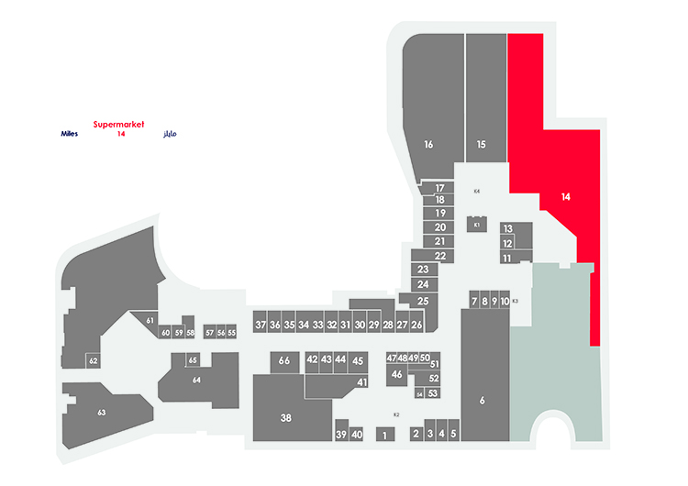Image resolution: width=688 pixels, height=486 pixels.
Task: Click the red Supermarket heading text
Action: point(118,125)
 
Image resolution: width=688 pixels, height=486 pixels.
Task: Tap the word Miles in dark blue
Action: point(70,134)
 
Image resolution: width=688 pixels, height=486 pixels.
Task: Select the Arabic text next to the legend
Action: point(170,134)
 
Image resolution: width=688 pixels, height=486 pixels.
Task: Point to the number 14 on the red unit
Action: point(566,197)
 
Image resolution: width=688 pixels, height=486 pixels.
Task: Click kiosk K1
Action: point(477,224)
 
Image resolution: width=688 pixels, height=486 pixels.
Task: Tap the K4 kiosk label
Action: point(477,192)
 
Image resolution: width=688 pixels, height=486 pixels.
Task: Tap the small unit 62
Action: point(93,361)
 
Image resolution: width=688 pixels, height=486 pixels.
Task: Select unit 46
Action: point(396,375)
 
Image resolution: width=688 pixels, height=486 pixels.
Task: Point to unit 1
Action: point(385,435)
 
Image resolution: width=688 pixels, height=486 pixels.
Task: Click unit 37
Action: point(261,325)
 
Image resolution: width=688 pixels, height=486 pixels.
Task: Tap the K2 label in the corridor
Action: point(396,414)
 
